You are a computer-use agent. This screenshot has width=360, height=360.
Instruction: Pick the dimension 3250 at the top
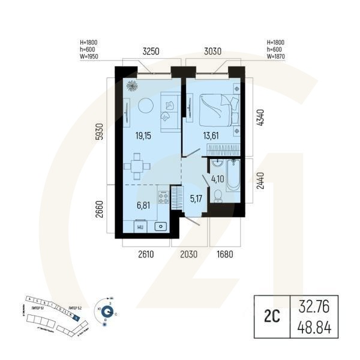click(150, 52)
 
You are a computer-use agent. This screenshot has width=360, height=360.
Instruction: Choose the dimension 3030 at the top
click(213, 52)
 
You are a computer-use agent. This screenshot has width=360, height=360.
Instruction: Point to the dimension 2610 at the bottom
click(146, 254)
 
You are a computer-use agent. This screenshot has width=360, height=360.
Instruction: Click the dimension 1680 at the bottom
click(224, 254)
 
